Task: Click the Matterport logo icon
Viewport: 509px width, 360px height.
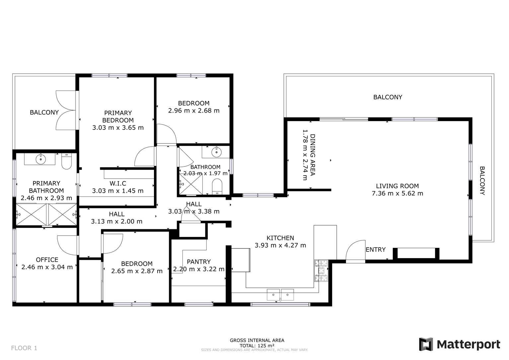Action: pos(426,344)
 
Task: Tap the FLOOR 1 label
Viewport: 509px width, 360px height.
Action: pos(24,348)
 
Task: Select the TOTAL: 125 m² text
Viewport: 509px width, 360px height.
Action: pos(257,345)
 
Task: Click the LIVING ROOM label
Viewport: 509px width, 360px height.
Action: pos(397,186)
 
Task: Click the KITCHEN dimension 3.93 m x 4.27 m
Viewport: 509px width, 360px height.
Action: pos(280,246)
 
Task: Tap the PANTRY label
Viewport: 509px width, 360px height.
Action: pos(198,262)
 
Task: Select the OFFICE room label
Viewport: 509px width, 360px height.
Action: pos(47,260)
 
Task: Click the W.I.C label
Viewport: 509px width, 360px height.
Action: pos(117,183)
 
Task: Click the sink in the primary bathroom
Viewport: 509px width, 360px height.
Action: pos(40,159)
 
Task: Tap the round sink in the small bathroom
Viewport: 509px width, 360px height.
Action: pos(216,152)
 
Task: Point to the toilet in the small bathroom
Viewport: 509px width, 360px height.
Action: pos(217,186)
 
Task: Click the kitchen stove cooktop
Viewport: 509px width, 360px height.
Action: pos(321,270)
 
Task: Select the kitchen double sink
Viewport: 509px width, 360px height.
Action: pos(280,294)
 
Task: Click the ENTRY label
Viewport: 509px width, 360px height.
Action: pos(375,250)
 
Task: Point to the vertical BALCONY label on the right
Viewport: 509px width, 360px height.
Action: pos(482,181)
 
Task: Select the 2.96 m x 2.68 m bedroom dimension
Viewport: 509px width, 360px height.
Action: pos(193,111)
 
